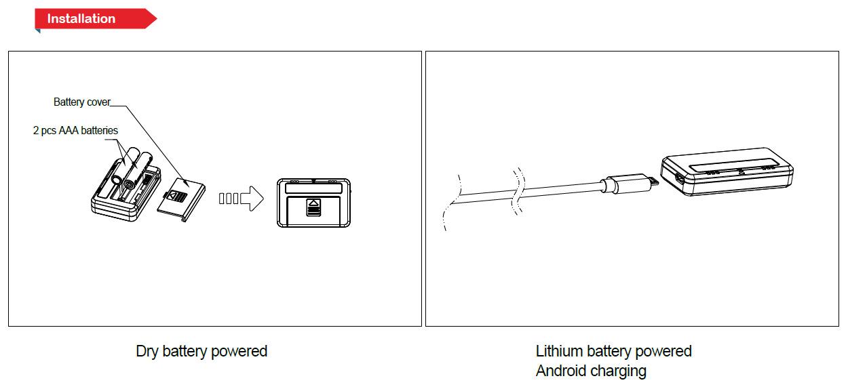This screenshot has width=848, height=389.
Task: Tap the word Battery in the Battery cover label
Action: tap(69, 102)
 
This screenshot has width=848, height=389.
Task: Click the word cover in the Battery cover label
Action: tap(98, 102)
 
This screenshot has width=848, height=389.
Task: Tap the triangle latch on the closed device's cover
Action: tap(313, 203)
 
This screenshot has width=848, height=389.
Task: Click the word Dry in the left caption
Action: tap(147, 351)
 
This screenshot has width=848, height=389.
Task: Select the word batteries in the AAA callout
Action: tap(99, 130)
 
